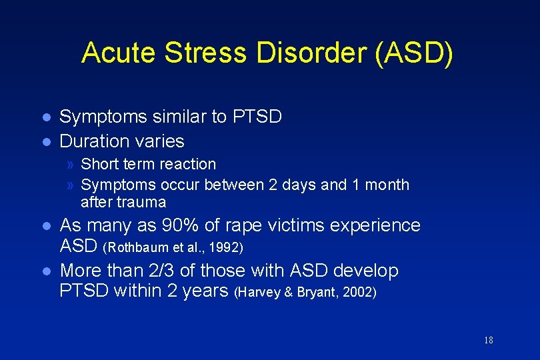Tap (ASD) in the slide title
click(x=413, y=53)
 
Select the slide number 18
click(x=489, y=341)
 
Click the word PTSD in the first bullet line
click(x=257, y=117)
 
